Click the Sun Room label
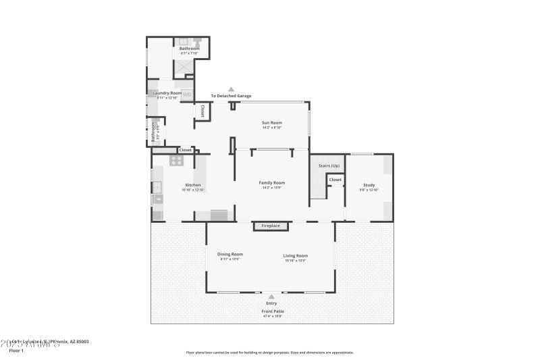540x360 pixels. pyautogui.click(x=272, y=122)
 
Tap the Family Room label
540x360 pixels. pyautogui.click(x=272, y=182)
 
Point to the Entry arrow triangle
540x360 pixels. pyautogui.click(x=271, y=296)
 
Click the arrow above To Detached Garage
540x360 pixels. pyautogui.click(x=231, y=89)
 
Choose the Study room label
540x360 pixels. pyautogui.click(x=369, y=185)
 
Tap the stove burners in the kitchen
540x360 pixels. pyautogui.click(x=177, y=161)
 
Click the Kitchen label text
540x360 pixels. pyautogui.click(x=193, y=185)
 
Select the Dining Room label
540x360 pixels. pyautogui.click(x=230, y=255)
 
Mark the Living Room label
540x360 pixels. pyautogui.click(x=296, y=255)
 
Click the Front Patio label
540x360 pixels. pyautogui.click(x=273, y=311)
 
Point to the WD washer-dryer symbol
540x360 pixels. pyautogui.click(x=187, y=95)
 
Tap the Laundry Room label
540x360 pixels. pyautogui.click(x=167, y=93)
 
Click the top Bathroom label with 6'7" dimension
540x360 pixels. pyautogui.click(x=189, y=48)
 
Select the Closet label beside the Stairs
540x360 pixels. pyautogui.click(x=335, y=180)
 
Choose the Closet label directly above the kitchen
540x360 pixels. pyautogui.click(x=185, y=150)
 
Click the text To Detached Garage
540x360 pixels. pyautogui.click(x=231, y=96)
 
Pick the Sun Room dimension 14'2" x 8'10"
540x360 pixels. pyautogui.click(x=272, y=127)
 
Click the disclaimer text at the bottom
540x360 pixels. pyautogui.click(x=269, y=352)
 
